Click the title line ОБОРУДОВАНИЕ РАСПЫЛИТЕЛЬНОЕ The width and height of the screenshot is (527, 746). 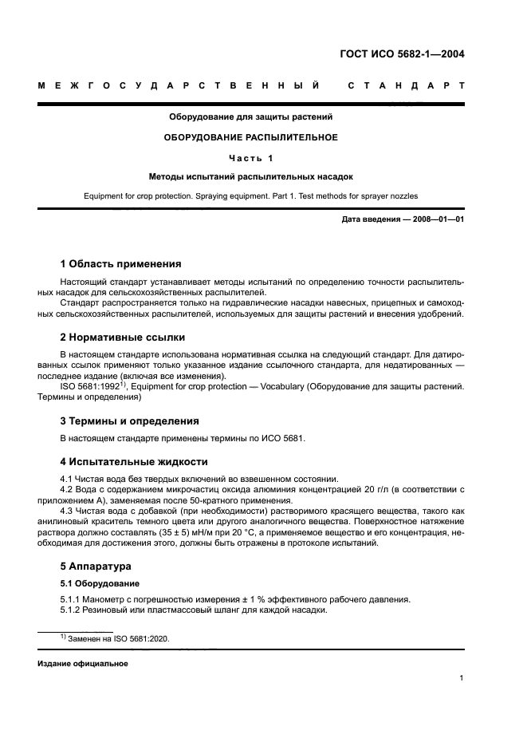(x=251, y=137)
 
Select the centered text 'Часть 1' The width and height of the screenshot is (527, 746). (x=251, y=157)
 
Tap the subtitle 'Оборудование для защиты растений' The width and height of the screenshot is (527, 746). (x=251, y=117)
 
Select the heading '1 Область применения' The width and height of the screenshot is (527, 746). (x=121, y=264)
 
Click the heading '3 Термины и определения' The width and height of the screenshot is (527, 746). (x=130, y=420)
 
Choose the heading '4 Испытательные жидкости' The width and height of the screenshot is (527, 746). (x=134, y=461)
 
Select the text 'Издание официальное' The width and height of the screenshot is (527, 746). (x=83, y=664)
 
